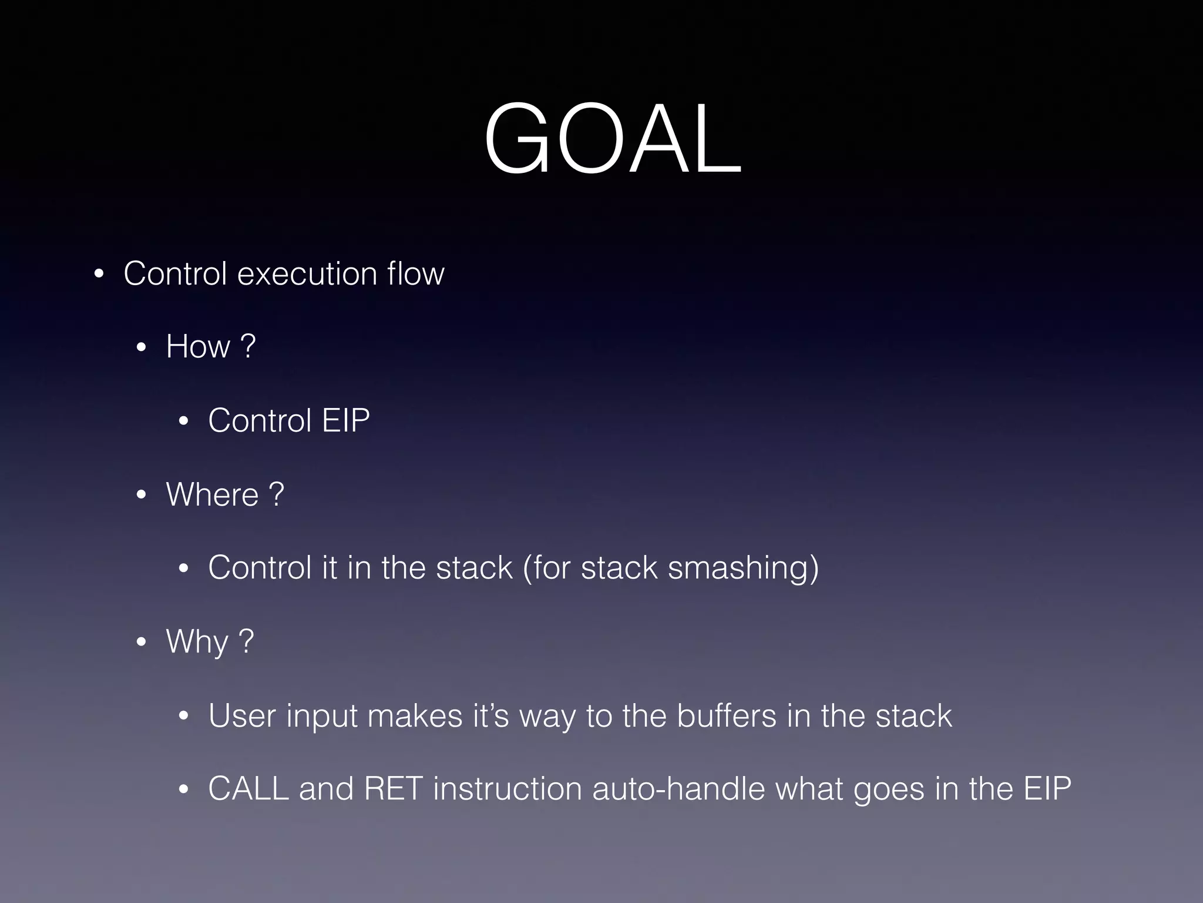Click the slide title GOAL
pos(613,140)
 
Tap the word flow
pos(415,274)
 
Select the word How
pos(198,346)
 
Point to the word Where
pos(212,494)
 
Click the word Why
pos(197,642)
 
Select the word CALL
pos(248,789)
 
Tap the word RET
pos(393,789)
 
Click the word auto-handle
pos(678,789)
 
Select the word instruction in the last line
pos(508,789)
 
